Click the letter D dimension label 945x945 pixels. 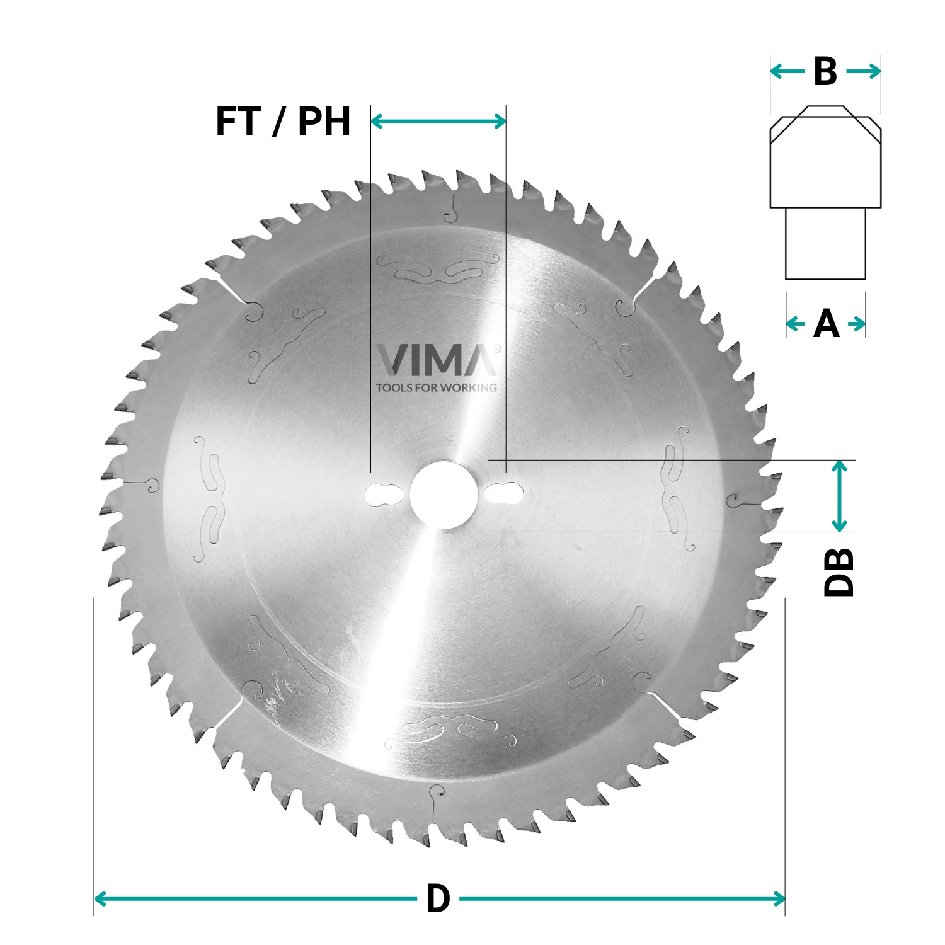(438, 899)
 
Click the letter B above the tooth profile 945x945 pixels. (825, 72)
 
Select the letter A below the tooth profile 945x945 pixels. (826, 324)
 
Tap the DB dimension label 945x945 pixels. (839, 572)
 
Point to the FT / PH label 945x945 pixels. (283, 122)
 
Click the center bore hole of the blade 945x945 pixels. (442, 495)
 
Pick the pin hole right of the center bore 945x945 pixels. (504, 493)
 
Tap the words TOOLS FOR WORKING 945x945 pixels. (436, 387)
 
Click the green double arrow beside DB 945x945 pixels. (839, 496)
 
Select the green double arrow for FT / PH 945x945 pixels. (438, 121)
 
